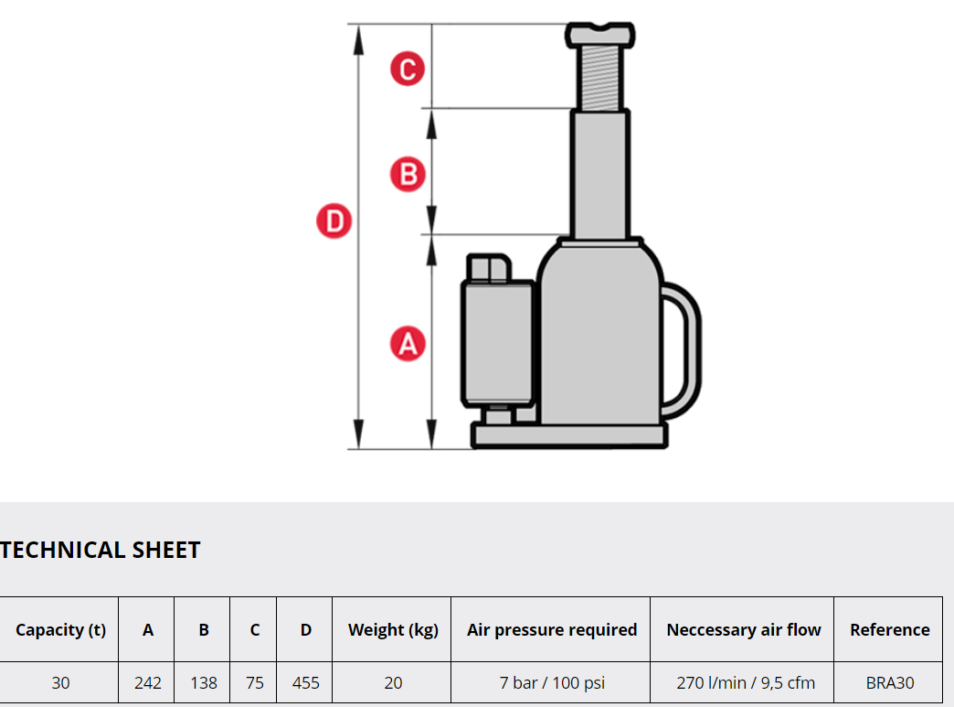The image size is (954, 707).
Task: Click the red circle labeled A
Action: [x=408, y=344]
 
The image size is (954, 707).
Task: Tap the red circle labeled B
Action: [x=408, y=175]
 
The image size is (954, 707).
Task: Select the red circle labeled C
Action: [x=408, y=69]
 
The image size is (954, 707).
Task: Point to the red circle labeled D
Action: [x=334, y=221]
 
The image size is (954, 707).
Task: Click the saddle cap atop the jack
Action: [x=599, y=35]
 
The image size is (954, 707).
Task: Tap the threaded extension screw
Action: [x=599, y=79]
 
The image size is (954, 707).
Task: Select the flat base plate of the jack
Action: [x=569, y=436]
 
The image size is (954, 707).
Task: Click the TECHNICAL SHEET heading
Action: [x=101, y=550]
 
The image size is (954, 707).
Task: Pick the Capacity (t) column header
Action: [x=61, y=629]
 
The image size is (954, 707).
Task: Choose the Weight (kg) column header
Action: [x=393, y=629]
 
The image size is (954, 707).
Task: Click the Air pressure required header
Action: [x=552, y=629]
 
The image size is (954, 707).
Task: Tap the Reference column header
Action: [x=889, y=629]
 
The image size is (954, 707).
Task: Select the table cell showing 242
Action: [x=148, y=682]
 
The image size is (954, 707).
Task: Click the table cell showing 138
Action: [x=204, y=682]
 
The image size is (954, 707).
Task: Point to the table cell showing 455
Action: [x=305, y=682]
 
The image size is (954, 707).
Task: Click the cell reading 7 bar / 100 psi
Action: [x=552, y=682]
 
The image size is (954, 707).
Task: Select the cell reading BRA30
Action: [x=889, y=682]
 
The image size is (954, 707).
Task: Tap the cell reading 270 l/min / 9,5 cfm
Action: [x=746, y=682]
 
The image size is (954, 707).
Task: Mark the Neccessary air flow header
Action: [x=744, y=629]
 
